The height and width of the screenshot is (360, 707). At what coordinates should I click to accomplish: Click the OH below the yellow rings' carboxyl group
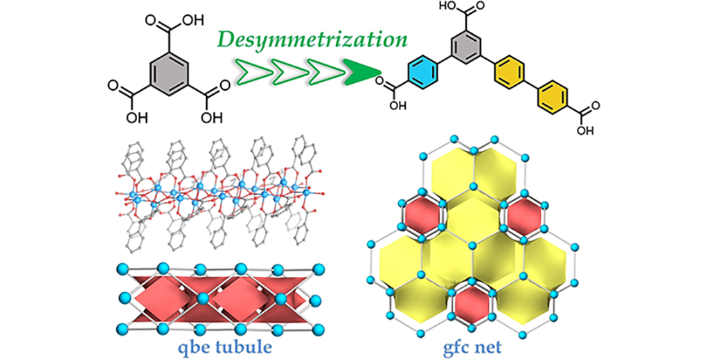pos(586,130)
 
